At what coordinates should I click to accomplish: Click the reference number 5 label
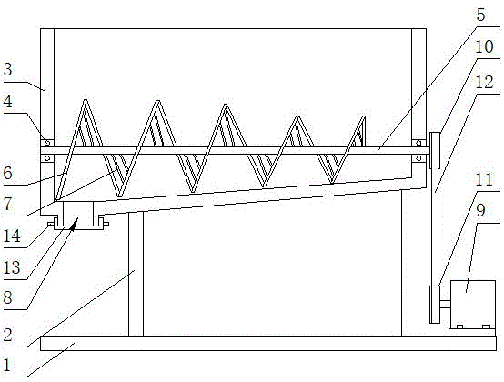pyautogui.click(x=480, y=15)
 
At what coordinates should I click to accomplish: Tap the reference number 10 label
pyautogui.click(x=484, y=47)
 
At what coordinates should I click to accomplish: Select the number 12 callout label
pyautogui.click(x=484, y=82)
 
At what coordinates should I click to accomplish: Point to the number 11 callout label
pyautogui.click(x=484, y=179)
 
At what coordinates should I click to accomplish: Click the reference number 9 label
pyautogui.click(x=480, y=210)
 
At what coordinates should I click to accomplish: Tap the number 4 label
pyautogui.click(x=7, y=102)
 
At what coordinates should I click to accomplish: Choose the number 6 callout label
pyautogui.click(x=7, y=173)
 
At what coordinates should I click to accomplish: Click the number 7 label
pyautogui.click(x=7, y=204)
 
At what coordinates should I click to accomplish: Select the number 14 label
pyautogui.click(x=12, y=236)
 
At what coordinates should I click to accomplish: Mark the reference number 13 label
pyautogui.click(x=12, y=267)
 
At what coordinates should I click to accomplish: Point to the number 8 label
pyautogui.click(x=7, y=297)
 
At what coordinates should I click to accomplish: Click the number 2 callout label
pyautogui.click(x=7, y=335)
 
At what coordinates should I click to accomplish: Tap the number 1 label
pyautogui.click(x=7, y=366)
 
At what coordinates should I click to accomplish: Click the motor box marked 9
pyautogui.click(x=473, y=305)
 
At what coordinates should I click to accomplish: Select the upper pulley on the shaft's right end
pyautogui.click(x=435, y=150)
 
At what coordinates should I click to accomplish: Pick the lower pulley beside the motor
pyautogui.click(x=435, y=305)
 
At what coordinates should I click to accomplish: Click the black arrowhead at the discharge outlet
pyautogui.click(x=74, y=224)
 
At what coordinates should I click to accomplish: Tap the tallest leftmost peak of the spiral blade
pyautogui.click(x=86, y=101)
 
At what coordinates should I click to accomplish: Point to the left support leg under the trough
pyautogui.click(x=136, y=274)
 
